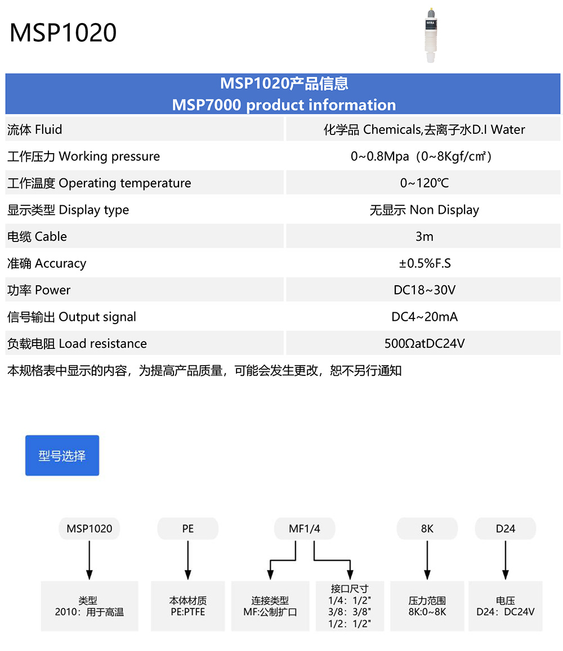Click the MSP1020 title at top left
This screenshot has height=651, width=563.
point(63,33)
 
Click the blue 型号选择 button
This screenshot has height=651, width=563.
point(62,455)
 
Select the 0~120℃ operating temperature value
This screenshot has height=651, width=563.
point(424,183)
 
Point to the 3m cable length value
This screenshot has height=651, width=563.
point(424,236)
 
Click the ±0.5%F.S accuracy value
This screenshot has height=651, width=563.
point(424,263)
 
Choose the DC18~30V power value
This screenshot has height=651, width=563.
point(424,290)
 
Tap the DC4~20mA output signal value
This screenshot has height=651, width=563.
point(424,317)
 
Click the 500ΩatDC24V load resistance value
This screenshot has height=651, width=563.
point(424,343)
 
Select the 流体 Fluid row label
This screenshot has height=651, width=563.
point(35,129)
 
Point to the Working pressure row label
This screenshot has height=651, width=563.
point(84,156)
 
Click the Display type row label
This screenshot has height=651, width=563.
point(68,210)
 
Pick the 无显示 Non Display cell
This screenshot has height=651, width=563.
point(424,210)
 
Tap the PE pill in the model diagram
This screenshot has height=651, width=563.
point(187,529)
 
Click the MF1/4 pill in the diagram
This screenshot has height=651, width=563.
point(305,529)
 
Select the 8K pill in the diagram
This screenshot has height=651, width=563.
point(427,529)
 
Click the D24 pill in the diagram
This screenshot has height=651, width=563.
point(506,529)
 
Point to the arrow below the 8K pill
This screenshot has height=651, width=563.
point(427,560)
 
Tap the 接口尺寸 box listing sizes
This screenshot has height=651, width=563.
point(350,606)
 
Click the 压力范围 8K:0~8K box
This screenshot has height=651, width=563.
point(427,606)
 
